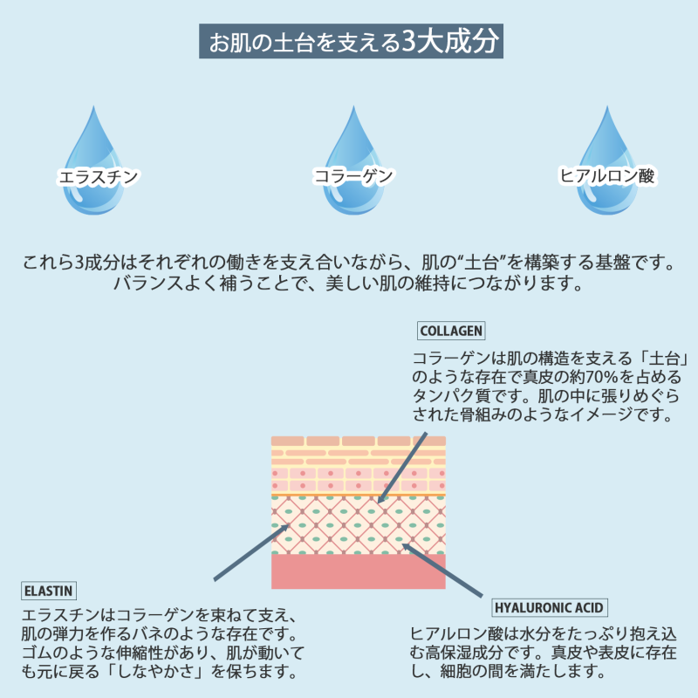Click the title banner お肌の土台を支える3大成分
tap(351, 41)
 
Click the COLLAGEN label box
tap(451, 331)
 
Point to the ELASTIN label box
tap(49, 591)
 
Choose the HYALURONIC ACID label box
tap(550, 607)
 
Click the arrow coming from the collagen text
tap(402, 468)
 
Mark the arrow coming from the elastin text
tap(252, 552)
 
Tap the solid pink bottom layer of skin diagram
tap(359, 571)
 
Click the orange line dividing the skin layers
tap(359, 495)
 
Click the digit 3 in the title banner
tap(409, 41)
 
